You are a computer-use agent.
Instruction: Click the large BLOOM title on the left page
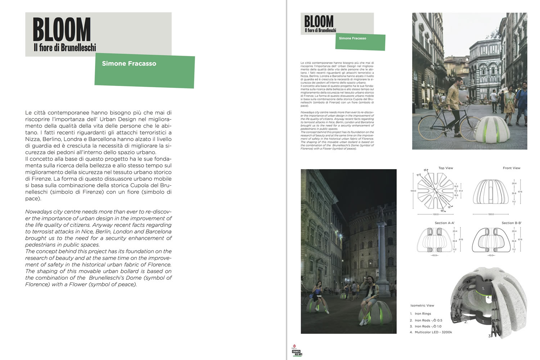tap(62, 30)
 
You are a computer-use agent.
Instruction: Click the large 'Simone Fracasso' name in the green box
tap(129, 64)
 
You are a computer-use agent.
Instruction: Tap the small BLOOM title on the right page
tap(319, 21)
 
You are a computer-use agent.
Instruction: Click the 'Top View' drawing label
tap(446, 168)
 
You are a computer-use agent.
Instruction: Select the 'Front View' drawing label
tap(511, 168)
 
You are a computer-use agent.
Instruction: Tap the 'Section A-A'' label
tap(445, 223)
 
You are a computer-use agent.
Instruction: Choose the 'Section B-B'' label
tap(512, 223)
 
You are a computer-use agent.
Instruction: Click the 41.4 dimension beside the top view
tap(461, 191)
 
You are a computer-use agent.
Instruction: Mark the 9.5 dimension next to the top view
tap(456, 191)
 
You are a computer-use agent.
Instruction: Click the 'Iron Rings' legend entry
tap(423, 314)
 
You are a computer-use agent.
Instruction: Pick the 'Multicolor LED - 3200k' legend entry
tap(433, 332)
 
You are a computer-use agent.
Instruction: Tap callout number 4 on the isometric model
tap(488, 298)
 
